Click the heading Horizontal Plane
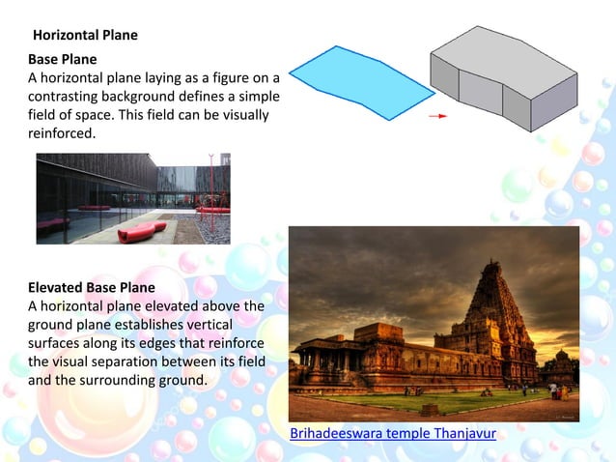coord(85,36)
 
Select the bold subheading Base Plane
coord(62,60)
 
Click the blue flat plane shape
coord(361,81)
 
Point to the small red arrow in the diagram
coord(438,116)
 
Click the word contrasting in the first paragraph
coord(65,97)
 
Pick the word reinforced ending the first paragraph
coord(61,133)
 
